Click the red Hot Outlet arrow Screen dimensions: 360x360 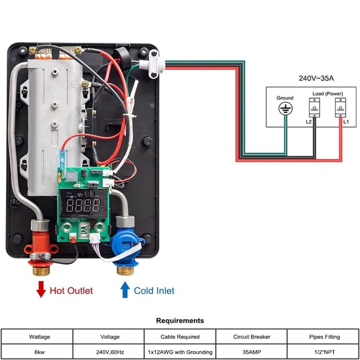(41, 290)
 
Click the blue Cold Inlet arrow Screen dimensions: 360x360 (125, 290)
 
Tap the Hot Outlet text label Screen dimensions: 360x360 (71, 291)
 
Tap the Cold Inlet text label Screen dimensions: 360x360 (154, 291)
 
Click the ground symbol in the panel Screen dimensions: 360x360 (285, 109)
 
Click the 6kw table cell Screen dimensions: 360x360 (37, 351)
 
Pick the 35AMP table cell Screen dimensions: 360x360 (252, 351)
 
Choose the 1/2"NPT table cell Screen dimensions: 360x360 (324, 351)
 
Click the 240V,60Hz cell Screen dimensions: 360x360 (108, 351)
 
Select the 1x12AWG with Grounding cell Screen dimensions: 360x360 (180, 351)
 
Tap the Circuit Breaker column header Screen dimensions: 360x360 (252, 337)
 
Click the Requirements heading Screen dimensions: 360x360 (180, 321)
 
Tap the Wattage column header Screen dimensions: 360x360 (37, 337)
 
